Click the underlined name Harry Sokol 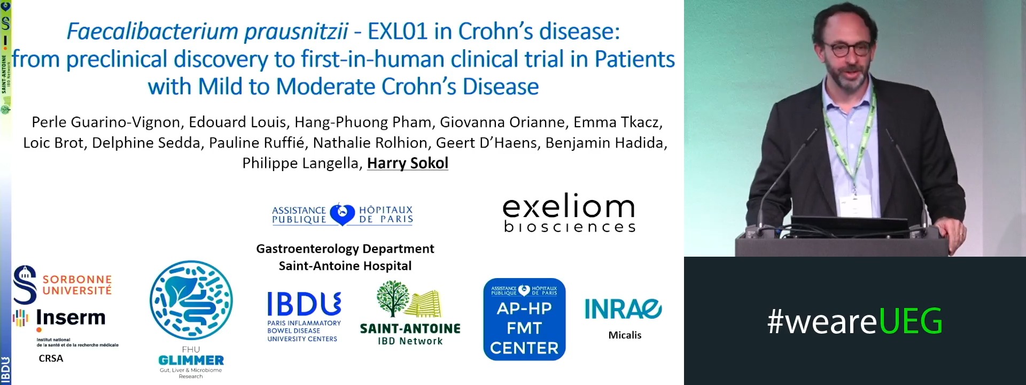coord(407,163)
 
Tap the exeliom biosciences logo coord(569,213)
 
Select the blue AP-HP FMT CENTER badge coord(524,319)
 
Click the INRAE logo coord(623,309)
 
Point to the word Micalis coord(625,335)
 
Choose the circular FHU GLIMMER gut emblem coord(191,301)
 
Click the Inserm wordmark coord(71,318)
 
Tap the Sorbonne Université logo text coord(77,285)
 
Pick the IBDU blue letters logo coord(304,304)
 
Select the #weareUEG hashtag coord(854,321)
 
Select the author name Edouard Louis coord(237,122)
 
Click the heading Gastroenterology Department coord(345,249)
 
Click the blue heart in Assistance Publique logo coord(342,214)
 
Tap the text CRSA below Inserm coord(51,358)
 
